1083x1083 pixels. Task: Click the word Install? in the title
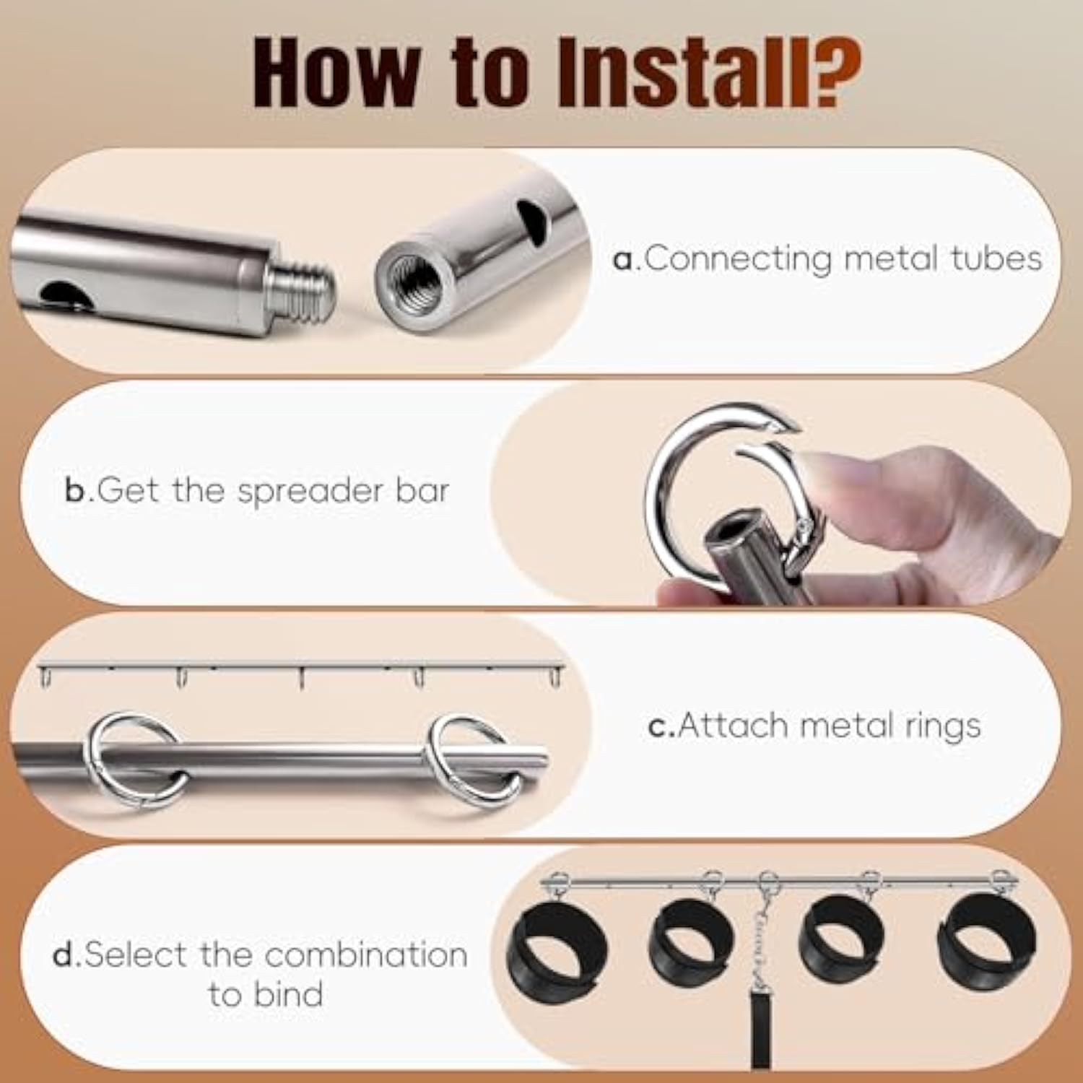(708, 72)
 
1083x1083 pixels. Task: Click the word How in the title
(336, 72)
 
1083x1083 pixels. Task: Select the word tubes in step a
(996, 258)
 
